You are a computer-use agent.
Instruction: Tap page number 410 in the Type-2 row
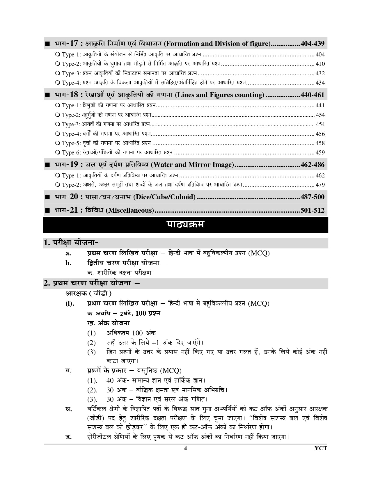(320, 64)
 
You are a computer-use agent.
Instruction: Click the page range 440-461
(312, 95)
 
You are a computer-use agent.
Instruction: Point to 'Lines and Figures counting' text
(220, 95)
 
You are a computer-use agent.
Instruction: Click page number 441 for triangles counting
(320, 105)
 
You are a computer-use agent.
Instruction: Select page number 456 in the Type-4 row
(320, 134)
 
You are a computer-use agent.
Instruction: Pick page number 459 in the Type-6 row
(320, 152)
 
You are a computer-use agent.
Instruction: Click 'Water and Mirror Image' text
(192, 165)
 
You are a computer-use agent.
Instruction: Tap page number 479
(320, 185)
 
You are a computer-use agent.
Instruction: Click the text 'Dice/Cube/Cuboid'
(164, 197)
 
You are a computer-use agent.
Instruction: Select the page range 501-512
(312, 210)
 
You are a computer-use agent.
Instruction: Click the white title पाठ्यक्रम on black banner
(185, 225)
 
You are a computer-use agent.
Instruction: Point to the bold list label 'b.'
(68, 263)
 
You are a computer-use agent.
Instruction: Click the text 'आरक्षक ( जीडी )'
(88, 293)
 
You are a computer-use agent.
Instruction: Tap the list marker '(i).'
(70, 304)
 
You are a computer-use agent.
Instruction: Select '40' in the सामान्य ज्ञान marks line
(110, 380)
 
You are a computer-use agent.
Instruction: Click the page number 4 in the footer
(185, 448)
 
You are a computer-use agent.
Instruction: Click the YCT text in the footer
(321, 448)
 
